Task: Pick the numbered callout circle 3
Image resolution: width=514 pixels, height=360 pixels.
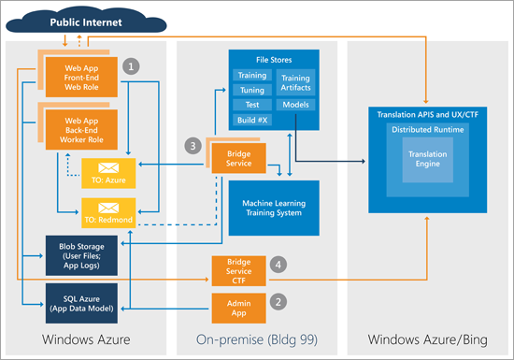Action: click(x=192, y=146)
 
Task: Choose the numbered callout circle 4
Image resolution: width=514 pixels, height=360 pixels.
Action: click(x=277, y=266)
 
